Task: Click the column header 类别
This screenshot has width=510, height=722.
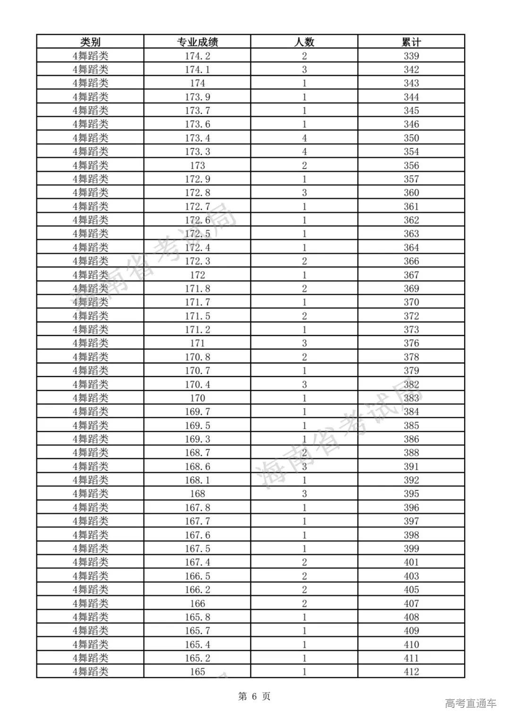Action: click(x=90, y=42)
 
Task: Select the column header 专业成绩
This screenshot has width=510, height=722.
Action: click(x=197, y=42)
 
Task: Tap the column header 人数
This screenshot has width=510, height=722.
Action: click(x=304, y=42)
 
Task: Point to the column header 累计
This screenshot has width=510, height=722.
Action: click(x=411, y=42)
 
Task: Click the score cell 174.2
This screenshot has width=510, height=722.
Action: click(x=197, y=56)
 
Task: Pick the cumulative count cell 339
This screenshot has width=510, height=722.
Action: click(x=411, y=56)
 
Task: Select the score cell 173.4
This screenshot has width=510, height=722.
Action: click(x=197, y=138)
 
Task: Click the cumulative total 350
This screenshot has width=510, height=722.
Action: click(x=411, y=138)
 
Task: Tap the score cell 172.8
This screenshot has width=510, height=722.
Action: click(x=197, y=193)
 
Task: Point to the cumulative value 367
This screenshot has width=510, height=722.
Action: click(x=411, y=275)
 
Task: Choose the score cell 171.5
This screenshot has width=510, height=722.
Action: click(x=197, y=316)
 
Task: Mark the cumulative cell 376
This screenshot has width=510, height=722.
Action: click(x=411, y=344)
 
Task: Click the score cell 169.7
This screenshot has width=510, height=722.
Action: click(x=197, y=412)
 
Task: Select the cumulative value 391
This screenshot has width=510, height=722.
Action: click(x=411, y=466)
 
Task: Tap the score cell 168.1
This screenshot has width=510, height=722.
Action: click(x=197, y=480)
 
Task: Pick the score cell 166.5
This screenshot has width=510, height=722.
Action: click(x=197, y=576)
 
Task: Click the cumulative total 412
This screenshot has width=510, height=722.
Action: click(x=411, y=671)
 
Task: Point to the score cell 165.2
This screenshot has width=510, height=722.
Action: click(x=197, y=658)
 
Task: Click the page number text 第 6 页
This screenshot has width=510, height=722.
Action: click(x=255, y=696)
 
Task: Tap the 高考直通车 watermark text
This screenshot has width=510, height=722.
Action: click(x=470, y=703)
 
